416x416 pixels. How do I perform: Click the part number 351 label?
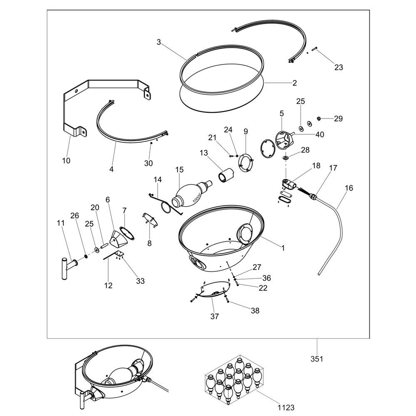pos(317,359)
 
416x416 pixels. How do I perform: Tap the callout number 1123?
pos(286,407)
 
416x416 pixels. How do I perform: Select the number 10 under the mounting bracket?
pos(66,161)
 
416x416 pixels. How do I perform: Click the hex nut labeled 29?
pos(319,118)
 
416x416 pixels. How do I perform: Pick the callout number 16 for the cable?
pos(349,188)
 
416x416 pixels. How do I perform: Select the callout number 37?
pos(215,316)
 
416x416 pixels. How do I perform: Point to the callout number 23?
pos(339,67)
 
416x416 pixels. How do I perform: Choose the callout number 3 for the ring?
pos(158,42)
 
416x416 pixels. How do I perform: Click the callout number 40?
pos(319,134)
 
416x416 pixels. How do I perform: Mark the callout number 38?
pos(255,310)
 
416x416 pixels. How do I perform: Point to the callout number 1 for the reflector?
pos(283,248)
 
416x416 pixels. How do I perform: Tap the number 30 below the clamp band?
pos(149,163)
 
